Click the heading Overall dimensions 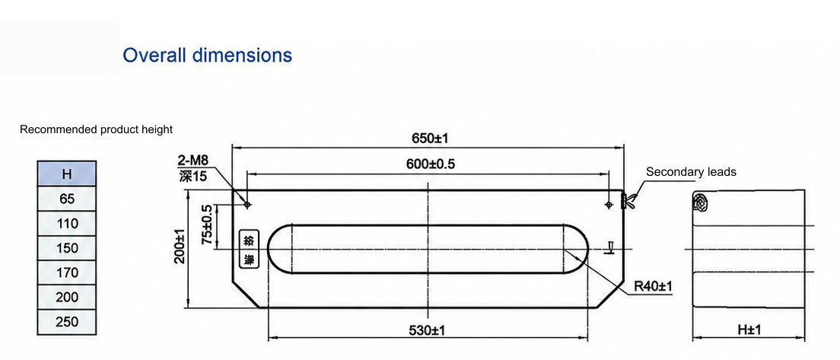(207, 55)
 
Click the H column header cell (67, 174)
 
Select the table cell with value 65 (67, 199)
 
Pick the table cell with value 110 (67, 224)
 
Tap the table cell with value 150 (67, 248)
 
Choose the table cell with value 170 (67, 272)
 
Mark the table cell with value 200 (67, 297)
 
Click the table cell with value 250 (67, 322)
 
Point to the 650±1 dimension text (429, 139)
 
